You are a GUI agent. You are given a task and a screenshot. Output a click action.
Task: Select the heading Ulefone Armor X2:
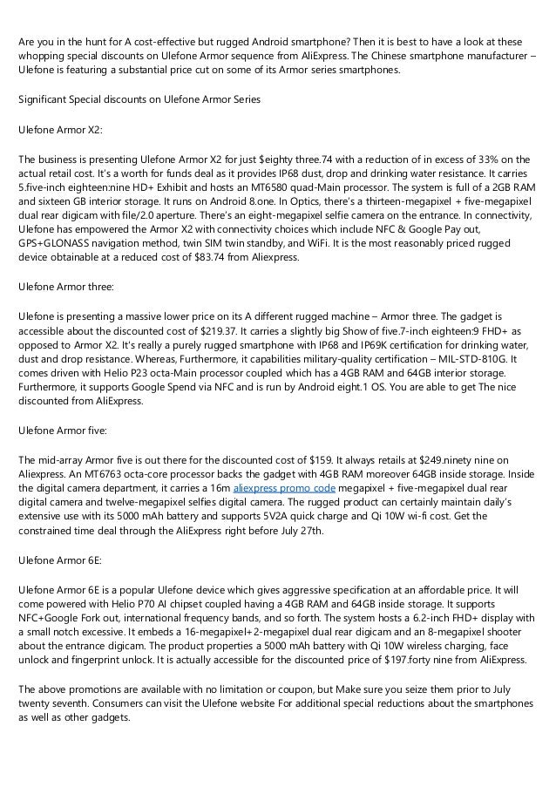click(60, 130)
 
